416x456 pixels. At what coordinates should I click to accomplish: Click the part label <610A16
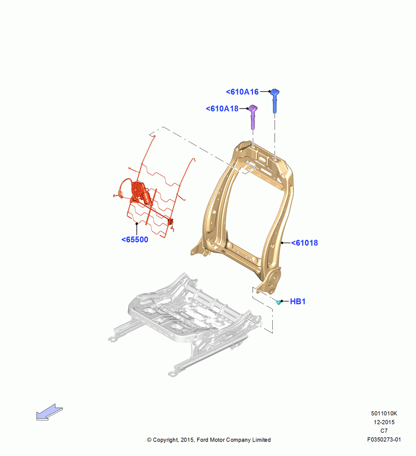coord(242,92)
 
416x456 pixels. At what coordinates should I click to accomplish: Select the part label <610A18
coord(222,109)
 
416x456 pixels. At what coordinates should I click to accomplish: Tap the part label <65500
coord(135,240)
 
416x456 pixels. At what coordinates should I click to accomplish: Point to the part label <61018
coord(305,243)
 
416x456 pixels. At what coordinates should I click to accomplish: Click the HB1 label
coord(298,301)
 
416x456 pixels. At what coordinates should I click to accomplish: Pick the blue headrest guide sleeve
coord(275,101)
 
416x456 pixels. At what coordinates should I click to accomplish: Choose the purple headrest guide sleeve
coord(253,117)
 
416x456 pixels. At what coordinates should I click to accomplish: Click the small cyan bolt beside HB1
coord(278,302)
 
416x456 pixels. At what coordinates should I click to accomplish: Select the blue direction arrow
coord(49,412)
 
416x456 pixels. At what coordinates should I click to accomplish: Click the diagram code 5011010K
coord(384,413)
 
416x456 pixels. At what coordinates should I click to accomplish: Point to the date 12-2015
coord(384,422)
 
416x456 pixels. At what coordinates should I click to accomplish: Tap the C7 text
coord(384,431)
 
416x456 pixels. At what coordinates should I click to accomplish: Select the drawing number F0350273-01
coord(384,440)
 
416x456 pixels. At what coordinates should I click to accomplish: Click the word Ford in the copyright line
coord(203,440)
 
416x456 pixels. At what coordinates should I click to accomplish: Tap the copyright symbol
coord(149,440)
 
